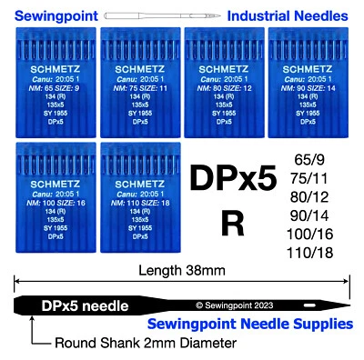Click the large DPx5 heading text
click(231, 178)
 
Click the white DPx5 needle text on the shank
click(85, 305)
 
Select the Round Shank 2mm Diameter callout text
click(134, 343)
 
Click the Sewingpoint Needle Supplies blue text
click(262, 325)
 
